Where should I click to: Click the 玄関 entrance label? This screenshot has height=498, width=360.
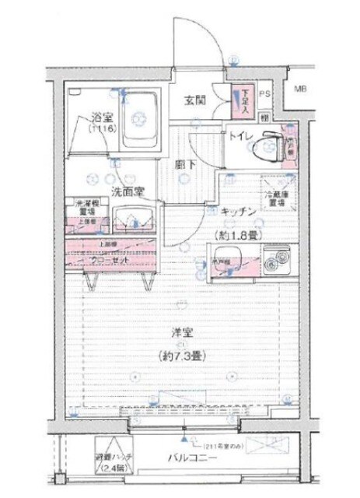point(194,100)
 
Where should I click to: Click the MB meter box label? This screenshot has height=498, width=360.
point(299,89)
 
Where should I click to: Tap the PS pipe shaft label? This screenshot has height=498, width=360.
point(264,95)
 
